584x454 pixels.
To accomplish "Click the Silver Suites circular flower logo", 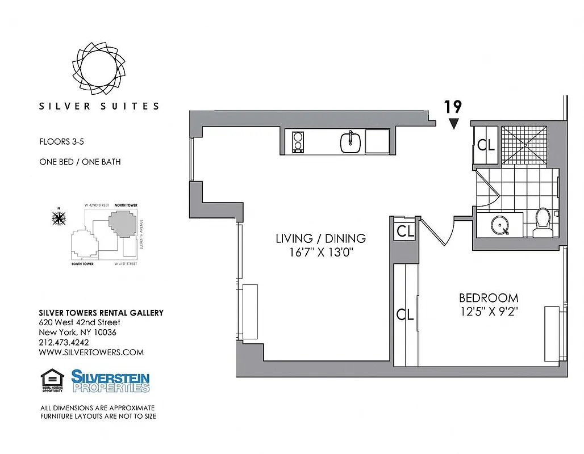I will (x=99, y=67).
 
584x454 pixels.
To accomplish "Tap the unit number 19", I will (x=453, y=107).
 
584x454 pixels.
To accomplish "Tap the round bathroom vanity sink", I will (x=500, y=225).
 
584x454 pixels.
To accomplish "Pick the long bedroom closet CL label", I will (x=405, y=314).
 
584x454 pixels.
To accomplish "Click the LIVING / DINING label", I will (x=320, y=238).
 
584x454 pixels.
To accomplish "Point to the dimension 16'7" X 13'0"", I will (x=320, y=253).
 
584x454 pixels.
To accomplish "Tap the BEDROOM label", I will (x=489, y=297).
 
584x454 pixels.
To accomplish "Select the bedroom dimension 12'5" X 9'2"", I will (x=489, y=312).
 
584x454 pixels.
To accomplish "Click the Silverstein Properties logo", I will (x=110, y=381).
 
